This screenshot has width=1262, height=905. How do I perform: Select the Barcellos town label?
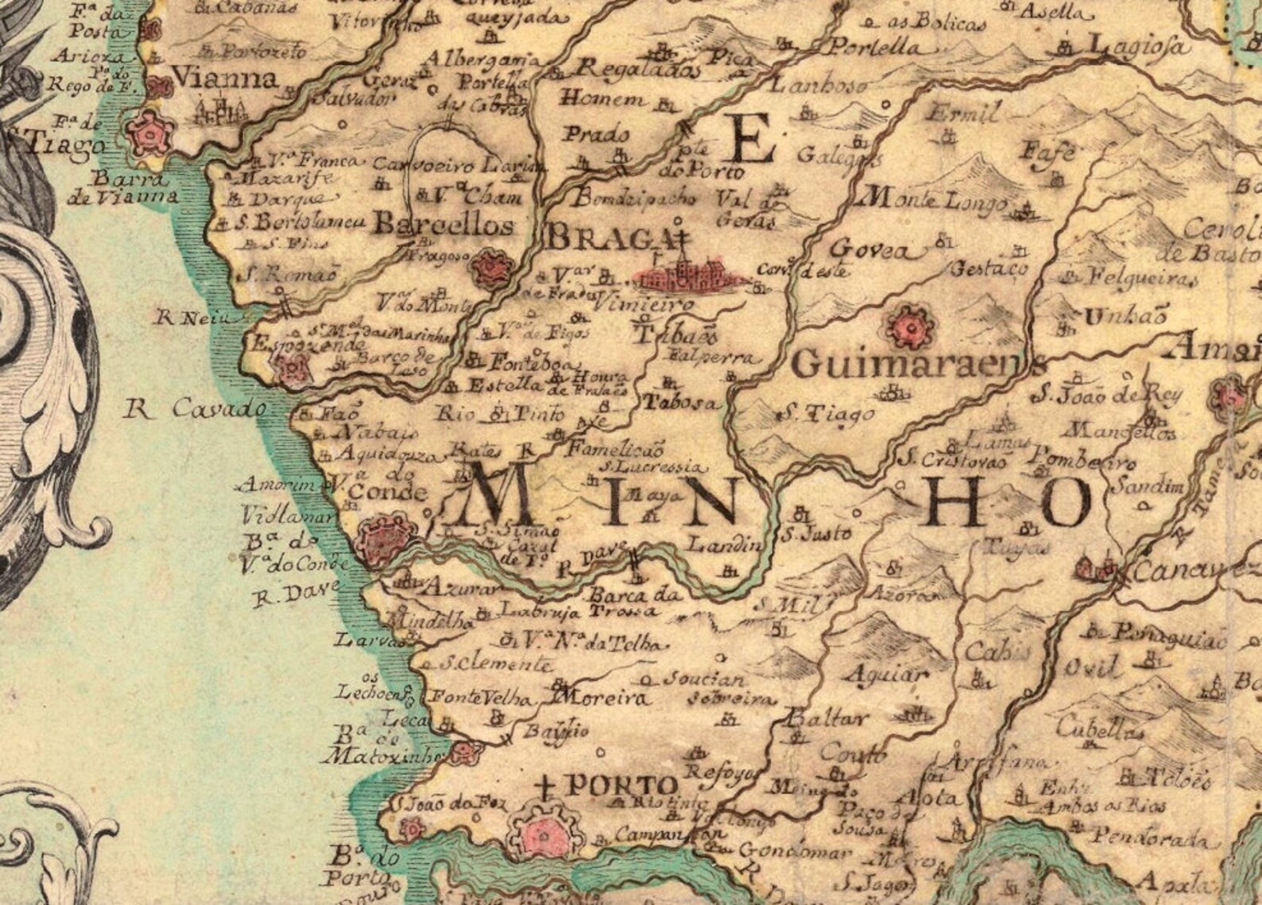[x=443, y=225]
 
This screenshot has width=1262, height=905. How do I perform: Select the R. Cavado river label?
[x=196, y=410]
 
